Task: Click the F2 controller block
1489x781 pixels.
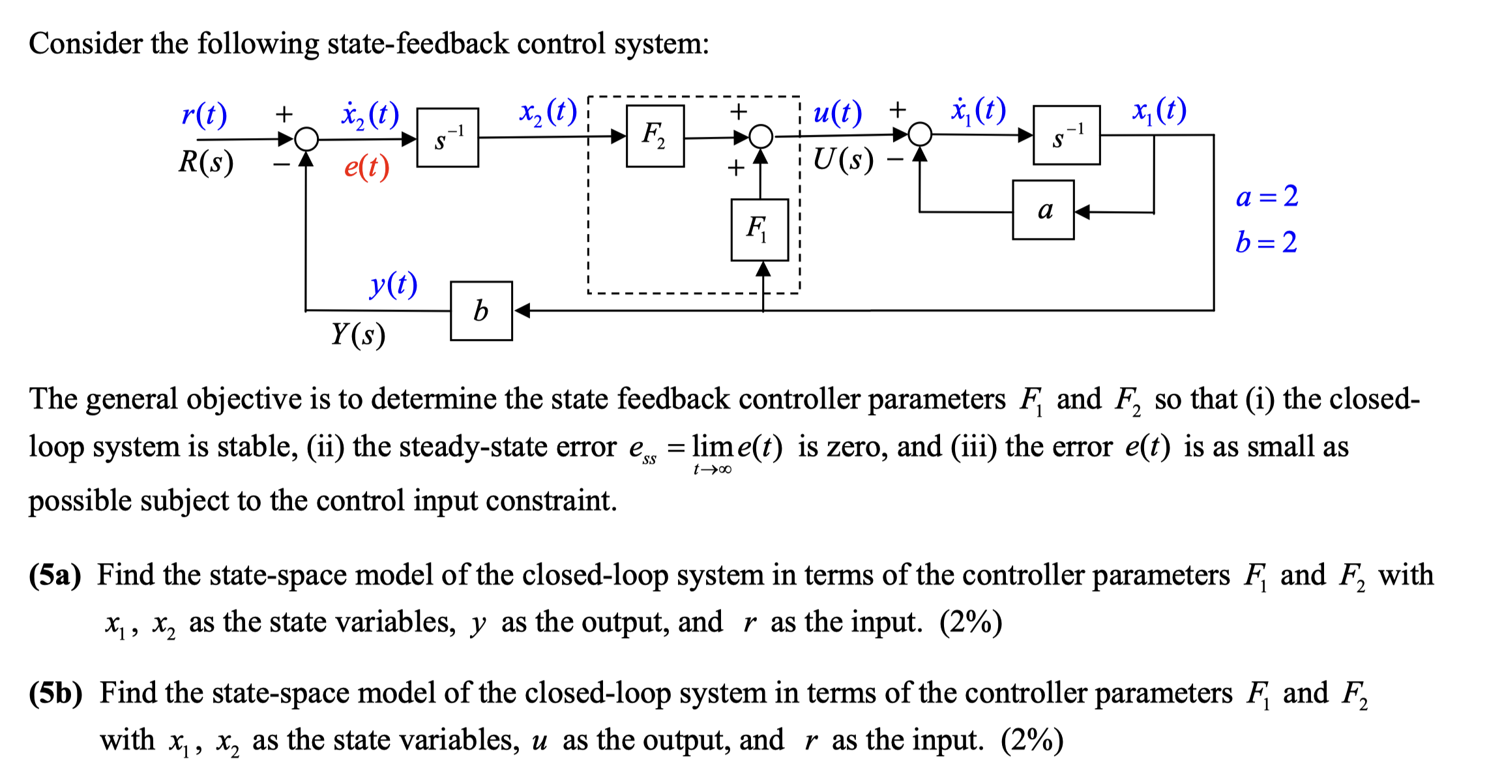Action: pos(655,136)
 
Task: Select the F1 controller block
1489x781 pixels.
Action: pos(759,229)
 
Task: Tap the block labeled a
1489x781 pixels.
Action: pos(1042,210)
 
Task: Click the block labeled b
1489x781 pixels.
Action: pos(481,311)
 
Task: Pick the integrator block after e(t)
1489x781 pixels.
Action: pos(447,138)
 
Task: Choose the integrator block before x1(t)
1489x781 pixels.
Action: pos(1066,136)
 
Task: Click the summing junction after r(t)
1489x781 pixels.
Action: pos(306,139)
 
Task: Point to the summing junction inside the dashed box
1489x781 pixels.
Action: pos(760,137)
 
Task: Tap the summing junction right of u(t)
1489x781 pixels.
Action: pos(920,134)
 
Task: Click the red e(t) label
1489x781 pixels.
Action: pos(366,168)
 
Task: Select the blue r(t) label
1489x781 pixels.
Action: pos(204,115)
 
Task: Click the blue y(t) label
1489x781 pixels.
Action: pos(393,284)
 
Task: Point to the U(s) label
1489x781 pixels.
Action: pos(843,159)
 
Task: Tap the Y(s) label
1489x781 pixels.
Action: pos(358,334)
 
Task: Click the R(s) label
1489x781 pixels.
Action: pos(206,162)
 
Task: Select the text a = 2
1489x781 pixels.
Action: pos(1266,196)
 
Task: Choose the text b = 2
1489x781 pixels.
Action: pos(1265,243)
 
